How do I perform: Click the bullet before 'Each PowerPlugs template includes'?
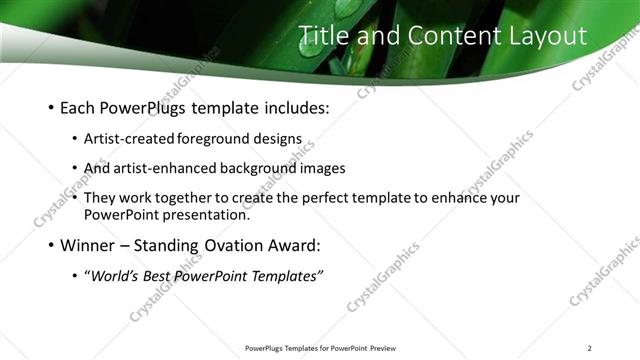(51, 107)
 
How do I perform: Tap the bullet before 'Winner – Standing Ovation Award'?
(51, 244)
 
